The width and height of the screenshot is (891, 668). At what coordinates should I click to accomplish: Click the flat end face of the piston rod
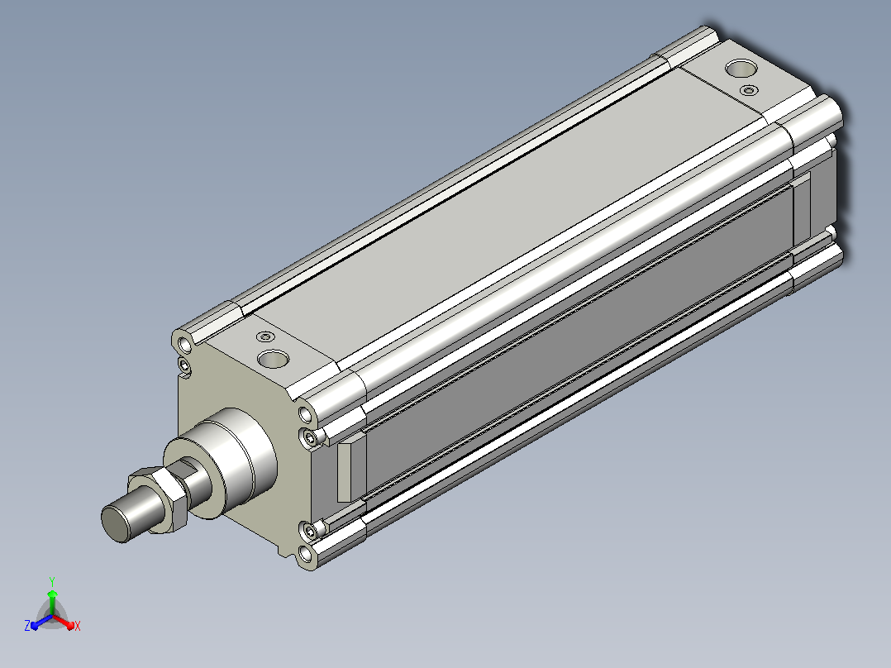(116, 523)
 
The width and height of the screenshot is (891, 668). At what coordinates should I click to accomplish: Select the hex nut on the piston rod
(158, 499)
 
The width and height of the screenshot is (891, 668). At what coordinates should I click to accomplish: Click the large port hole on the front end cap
(274, 359)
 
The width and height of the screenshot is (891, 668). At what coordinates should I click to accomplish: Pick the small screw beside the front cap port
(265, 336)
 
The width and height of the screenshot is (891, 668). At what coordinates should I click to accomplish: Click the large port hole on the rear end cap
(741, 69)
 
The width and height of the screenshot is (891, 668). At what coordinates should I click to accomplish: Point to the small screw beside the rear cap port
(750, 90)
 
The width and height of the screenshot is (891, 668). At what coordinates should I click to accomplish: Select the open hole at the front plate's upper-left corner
(184, 345)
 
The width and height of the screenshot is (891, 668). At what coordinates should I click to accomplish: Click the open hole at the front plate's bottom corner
(305, 554)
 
